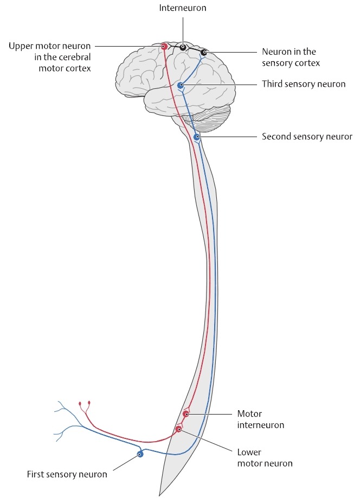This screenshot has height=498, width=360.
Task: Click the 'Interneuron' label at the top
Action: pyautogui.click(x=182, y=8)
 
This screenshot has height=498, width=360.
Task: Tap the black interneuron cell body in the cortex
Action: pyautogui.click(x=183, y=48)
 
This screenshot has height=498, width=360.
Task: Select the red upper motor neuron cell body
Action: pyautogui.click(x=163, y=47)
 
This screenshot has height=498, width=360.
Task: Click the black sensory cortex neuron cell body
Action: pyautogui.click(x=204, y=53)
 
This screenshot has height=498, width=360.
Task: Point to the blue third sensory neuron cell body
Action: pyautogui.click(x=181, y=85)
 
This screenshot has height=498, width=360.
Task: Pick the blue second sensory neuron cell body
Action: pyautogui.click(x=197, y=138)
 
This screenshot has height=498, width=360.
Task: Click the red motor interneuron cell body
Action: pyautogui.click(x=186, y=414)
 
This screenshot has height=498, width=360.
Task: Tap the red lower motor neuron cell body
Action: pyautogui.click(x=178, y=429)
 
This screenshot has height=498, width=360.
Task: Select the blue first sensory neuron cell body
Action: pyautogui.click(x=140, y=454)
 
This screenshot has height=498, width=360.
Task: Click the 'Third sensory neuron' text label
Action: pyautogui.click(x=303, y=84)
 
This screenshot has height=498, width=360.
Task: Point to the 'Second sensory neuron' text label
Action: pyautogui.click(x=307, y=137)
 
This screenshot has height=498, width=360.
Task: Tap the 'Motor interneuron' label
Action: pyautogui.click(x=260, y=419)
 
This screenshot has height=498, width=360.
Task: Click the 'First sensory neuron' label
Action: pyautogui.click(x=67, y=475)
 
